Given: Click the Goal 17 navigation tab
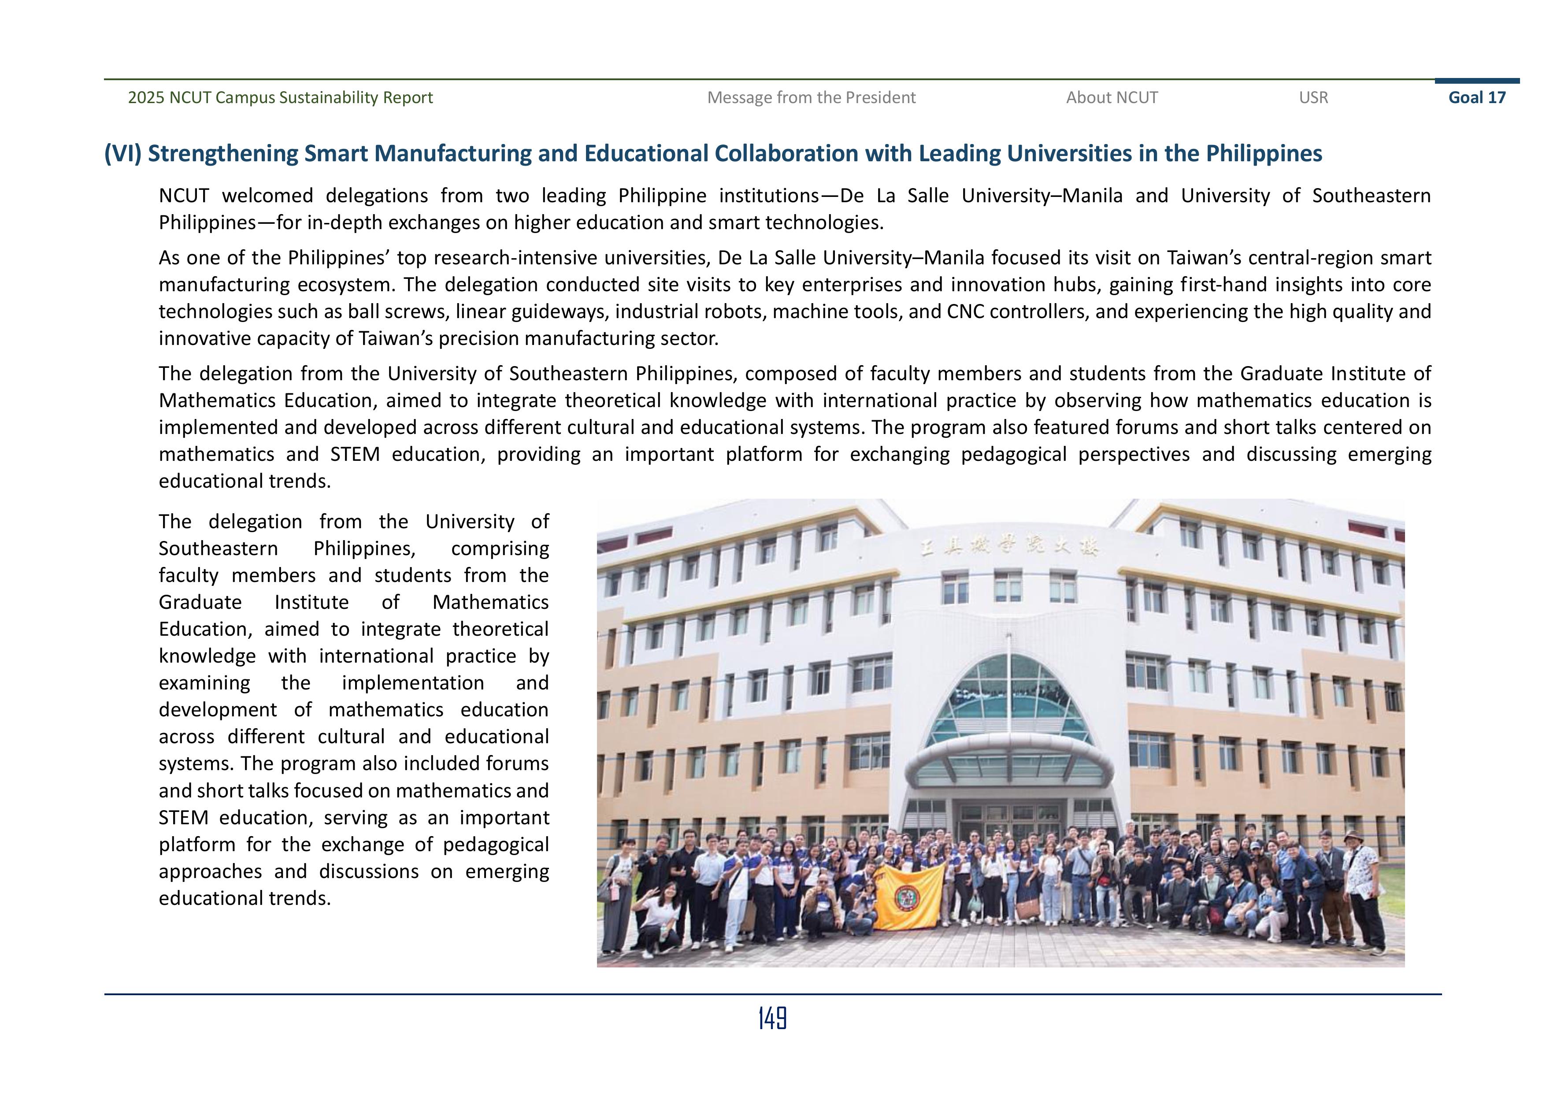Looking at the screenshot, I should (x=1477, y=98).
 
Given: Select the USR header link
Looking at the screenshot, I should (x=1313, y=98).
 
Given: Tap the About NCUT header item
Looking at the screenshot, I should (x=1112, y=98).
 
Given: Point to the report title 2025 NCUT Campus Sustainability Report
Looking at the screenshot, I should (x=280, y=98).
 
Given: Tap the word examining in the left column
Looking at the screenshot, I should (x=204, y=683).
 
